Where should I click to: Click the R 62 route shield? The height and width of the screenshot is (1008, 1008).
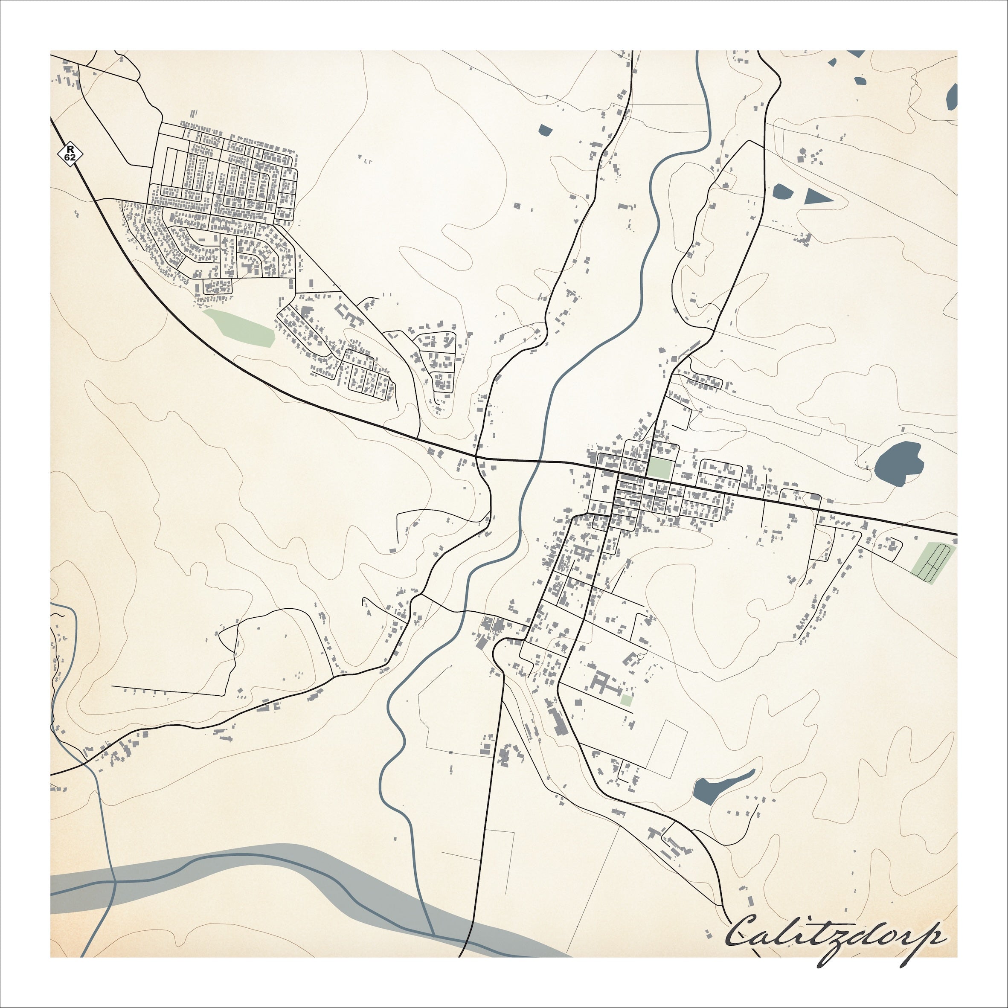click(x=70, y=154)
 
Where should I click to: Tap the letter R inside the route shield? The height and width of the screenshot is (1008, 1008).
click(x=70, y=149)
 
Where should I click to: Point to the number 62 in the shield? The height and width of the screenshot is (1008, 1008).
click(x=70, y=157)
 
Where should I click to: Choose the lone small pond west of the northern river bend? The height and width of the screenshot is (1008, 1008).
click(x=544, y=131)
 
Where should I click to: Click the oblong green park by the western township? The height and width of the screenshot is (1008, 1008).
click(x=240, y=328)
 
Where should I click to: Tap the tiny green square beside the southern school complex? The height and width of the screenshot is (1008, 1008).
click(x=627, y=701)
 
